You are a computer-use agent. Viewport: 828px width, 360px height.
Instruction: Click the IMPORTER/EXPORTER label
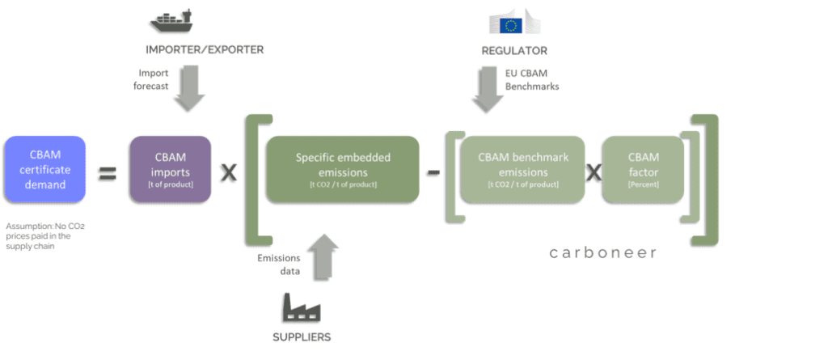point(205,50)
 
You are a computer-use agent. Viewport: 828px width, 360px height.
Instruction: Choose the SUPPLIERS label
point(300,337)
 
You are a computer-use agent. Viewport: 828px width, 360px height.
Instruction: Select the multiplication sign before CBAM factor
point(594,172)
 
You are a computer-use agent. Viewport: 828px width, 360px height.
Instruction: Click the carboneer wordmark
point(602,252)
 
